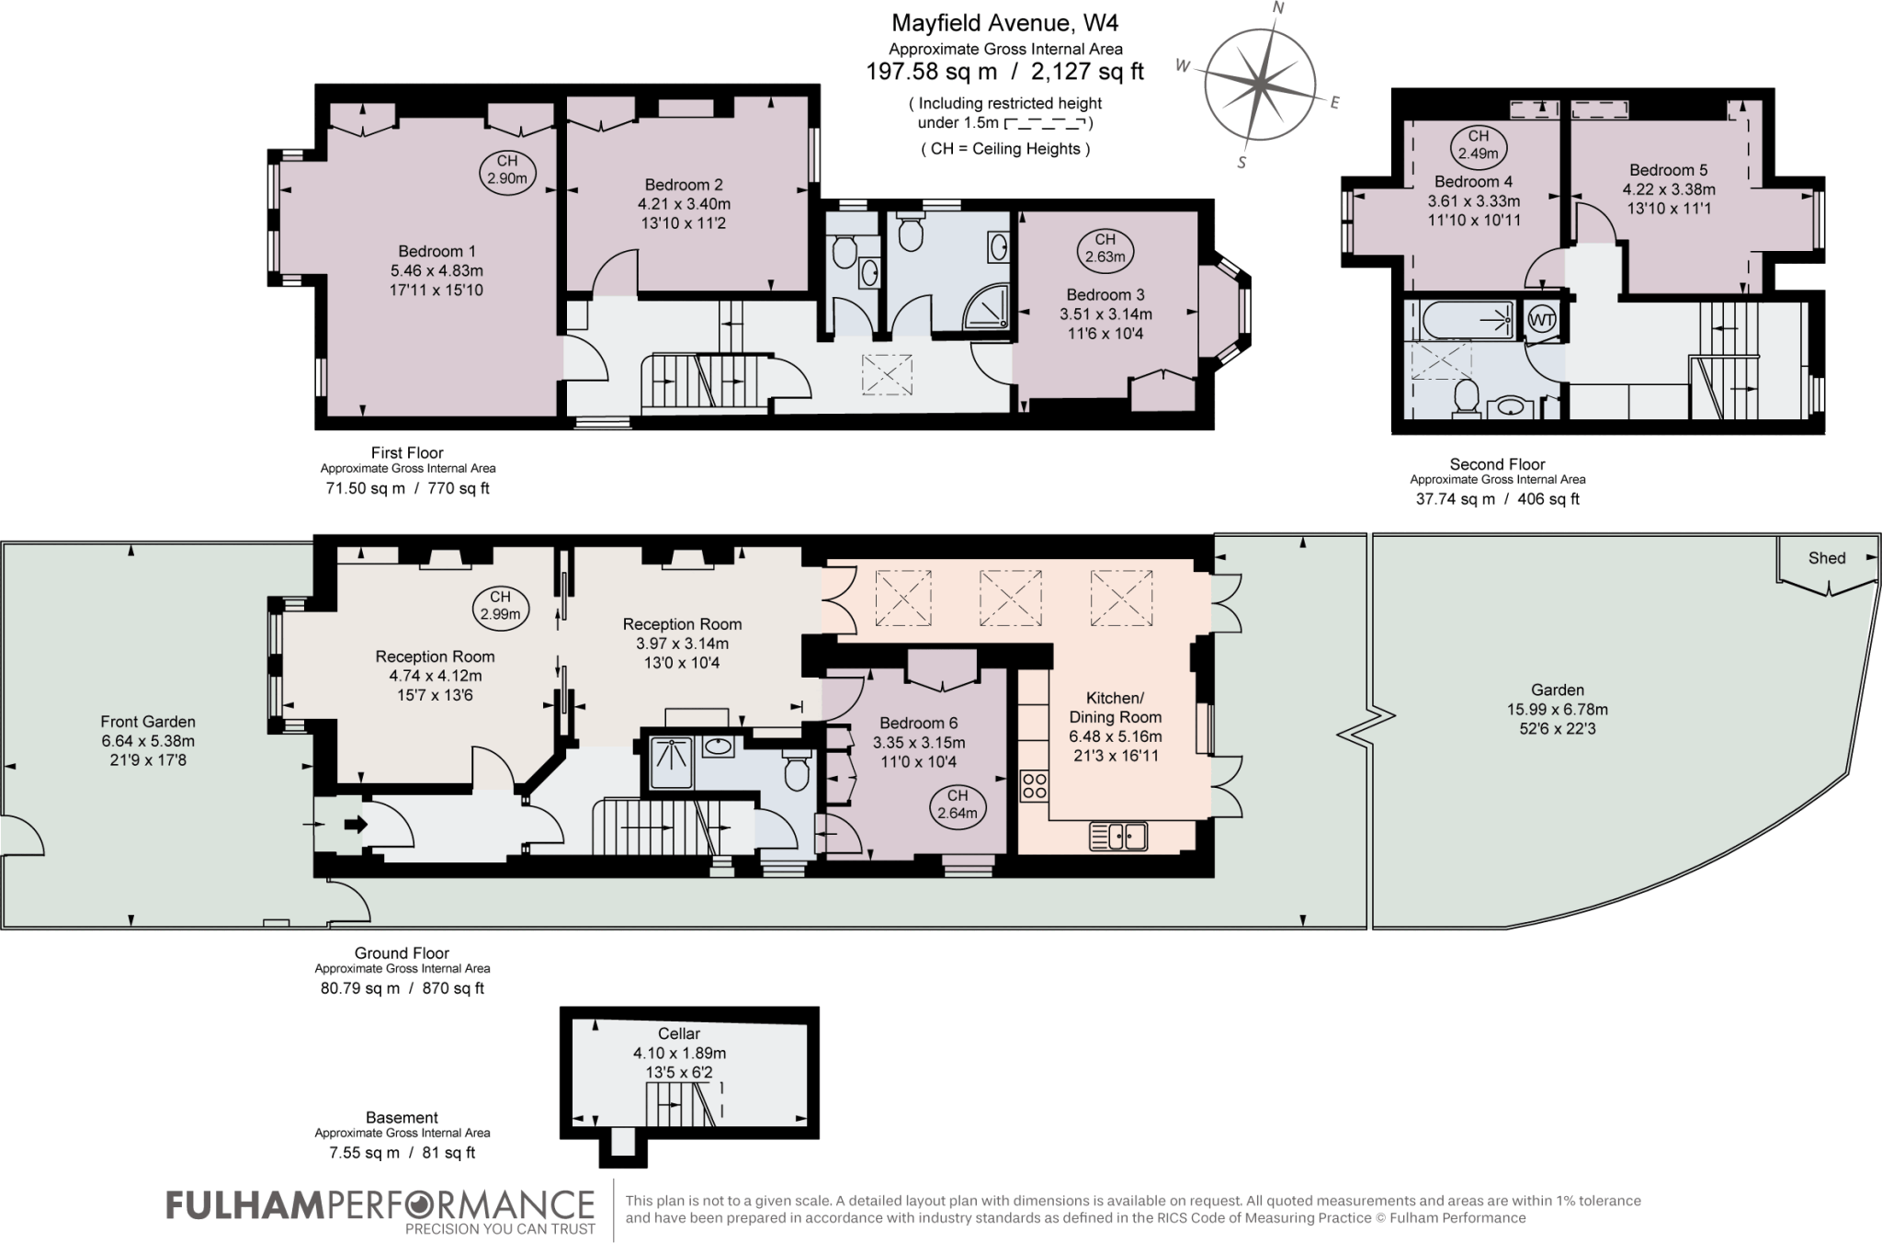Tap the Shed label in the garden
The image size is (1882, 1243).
pos(1827,558)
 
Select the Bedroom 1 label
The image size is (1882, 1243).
pos(436,251)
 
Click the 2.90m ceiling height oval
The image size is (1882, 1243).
pos(507,170)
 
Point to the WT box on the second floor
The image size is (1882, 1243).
pos(1542,321)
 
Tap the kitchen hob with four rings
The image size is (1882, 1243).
pos(1035,786)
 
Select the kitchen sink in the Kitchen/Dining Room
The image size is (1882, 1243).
pos(1118,837)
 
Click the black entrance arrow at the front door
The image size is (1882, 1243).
pos(356,825)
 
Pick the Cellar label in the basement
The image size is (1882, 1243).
pos(679,1033)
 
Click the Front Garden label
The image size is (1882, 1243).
pos(148,722)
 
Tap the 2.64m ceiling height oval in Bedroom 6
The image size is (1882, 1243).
pos(958,804)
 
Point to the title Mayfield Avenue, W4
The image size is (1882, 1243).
pos(1004,22)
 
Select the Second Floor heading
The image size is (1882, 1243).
pos(1497,464)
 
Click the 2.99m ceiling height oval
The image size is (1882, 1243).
pos(501,607)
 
